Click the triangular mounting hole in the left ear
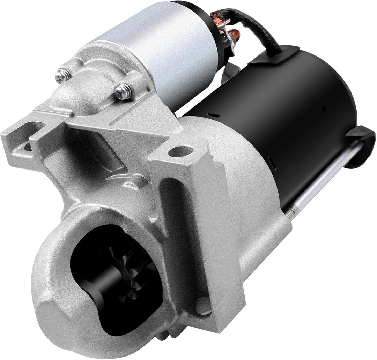click(27, 147)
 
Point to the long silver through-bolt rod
click(325, 174)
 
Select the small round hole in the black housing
click(324, 108)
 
